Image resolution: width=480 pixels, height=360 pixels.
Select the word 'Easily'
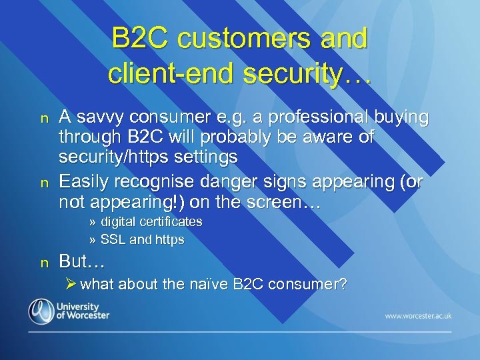(x=86, y=181)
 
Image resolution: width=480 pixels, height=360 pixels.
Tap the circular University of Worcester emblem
(x=40, y=311)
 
